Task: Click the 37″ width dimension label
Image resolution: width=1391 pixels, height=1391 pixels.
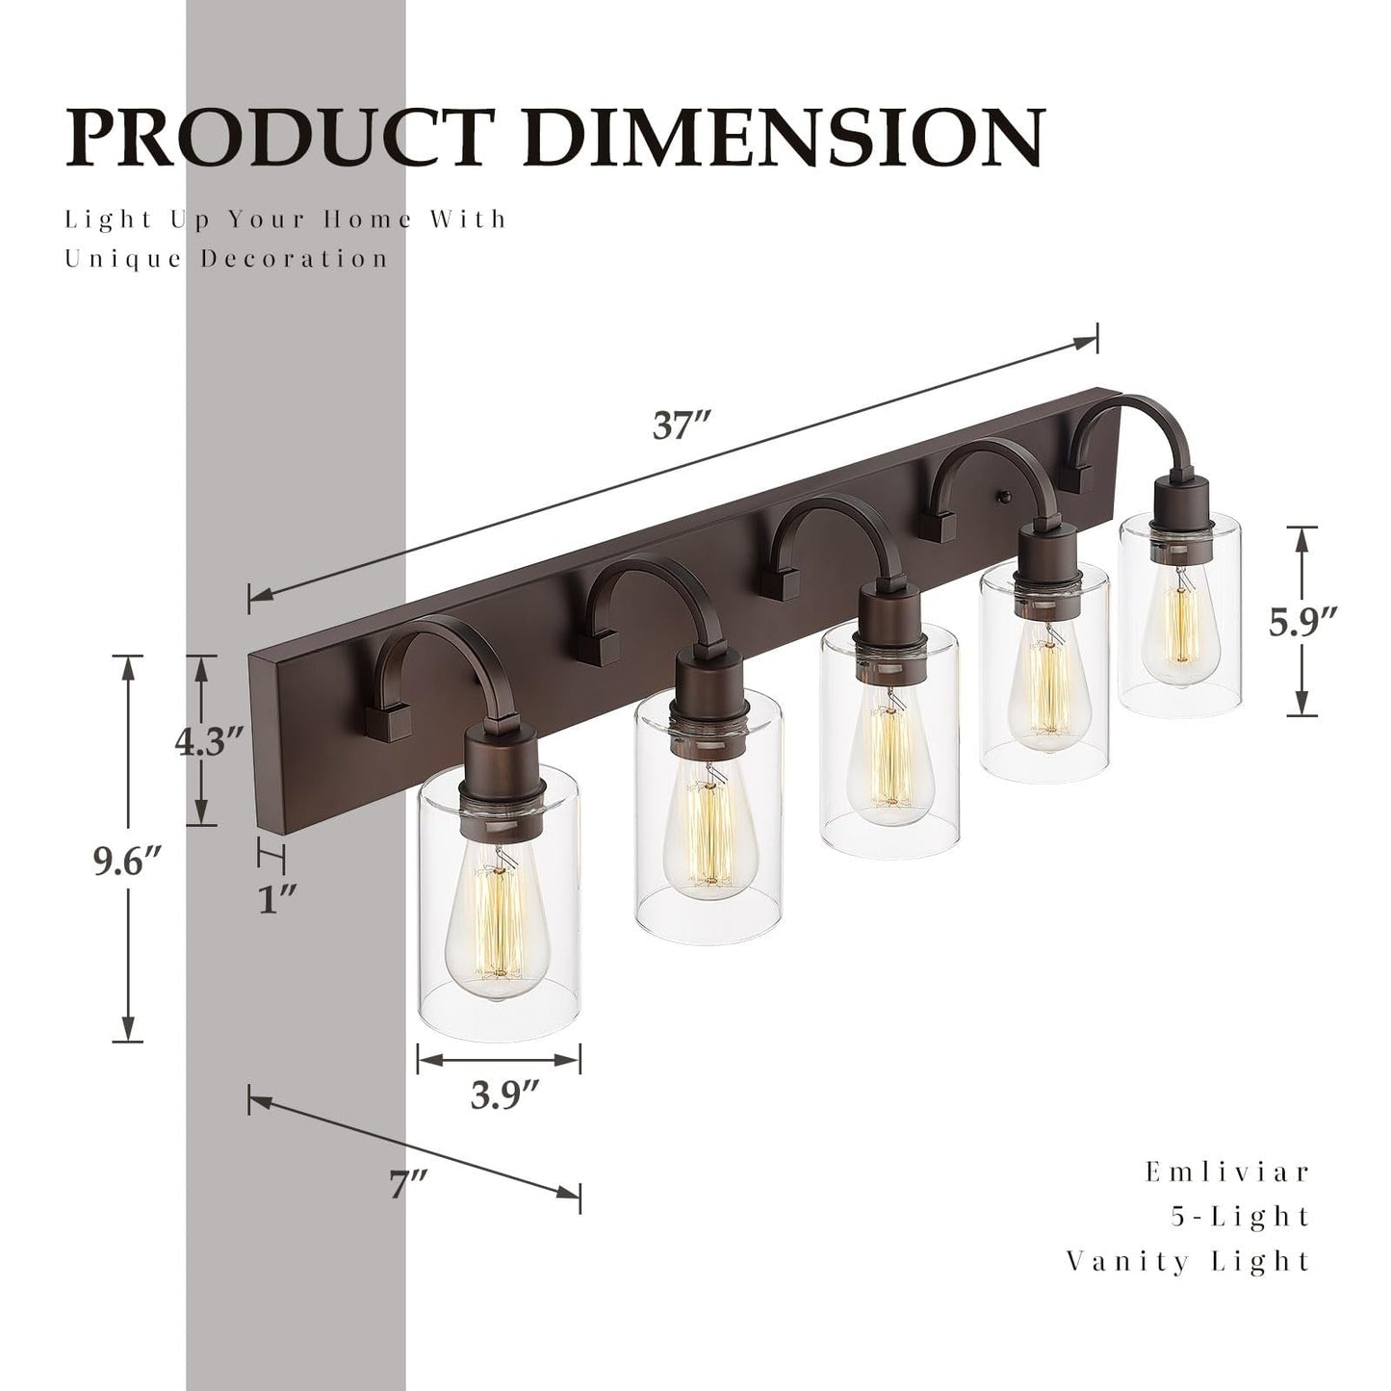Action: [682, 425]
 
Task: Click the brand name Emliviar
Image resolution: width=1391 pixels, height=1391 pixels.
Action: [1227, 1172]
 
